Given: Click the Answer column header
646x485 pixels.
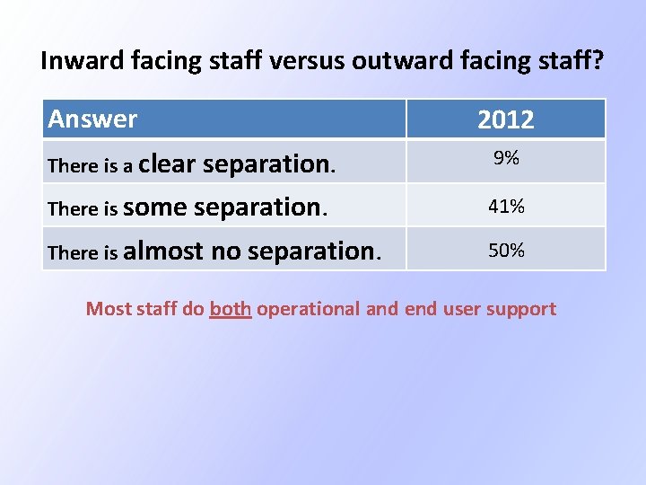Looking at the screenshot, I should point(92,119).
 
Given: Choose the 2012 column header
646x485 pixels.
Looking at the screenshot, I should point(506,119).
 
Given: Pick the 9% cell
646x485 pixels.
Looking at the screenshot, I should point(506,159).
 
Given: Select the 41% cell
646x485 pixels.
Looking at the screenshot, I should point(506,207).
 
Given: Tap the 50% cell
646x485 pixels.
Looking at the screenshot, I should point(506,250).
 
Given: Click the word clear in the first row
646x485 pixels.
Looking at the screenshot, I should point(168,163).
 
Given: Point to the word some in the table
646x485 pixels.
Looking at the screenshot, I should point(155,207).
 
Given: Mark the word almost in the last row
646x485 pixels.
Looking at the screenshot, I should point(163,251).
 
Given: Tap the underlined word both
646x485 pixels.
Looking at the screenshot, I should point(230,309).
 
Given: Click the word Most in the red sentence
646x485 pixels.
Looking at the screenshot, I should point(108,309).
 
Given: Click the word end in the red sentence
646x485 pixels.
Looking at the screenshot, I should point(420,309).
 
